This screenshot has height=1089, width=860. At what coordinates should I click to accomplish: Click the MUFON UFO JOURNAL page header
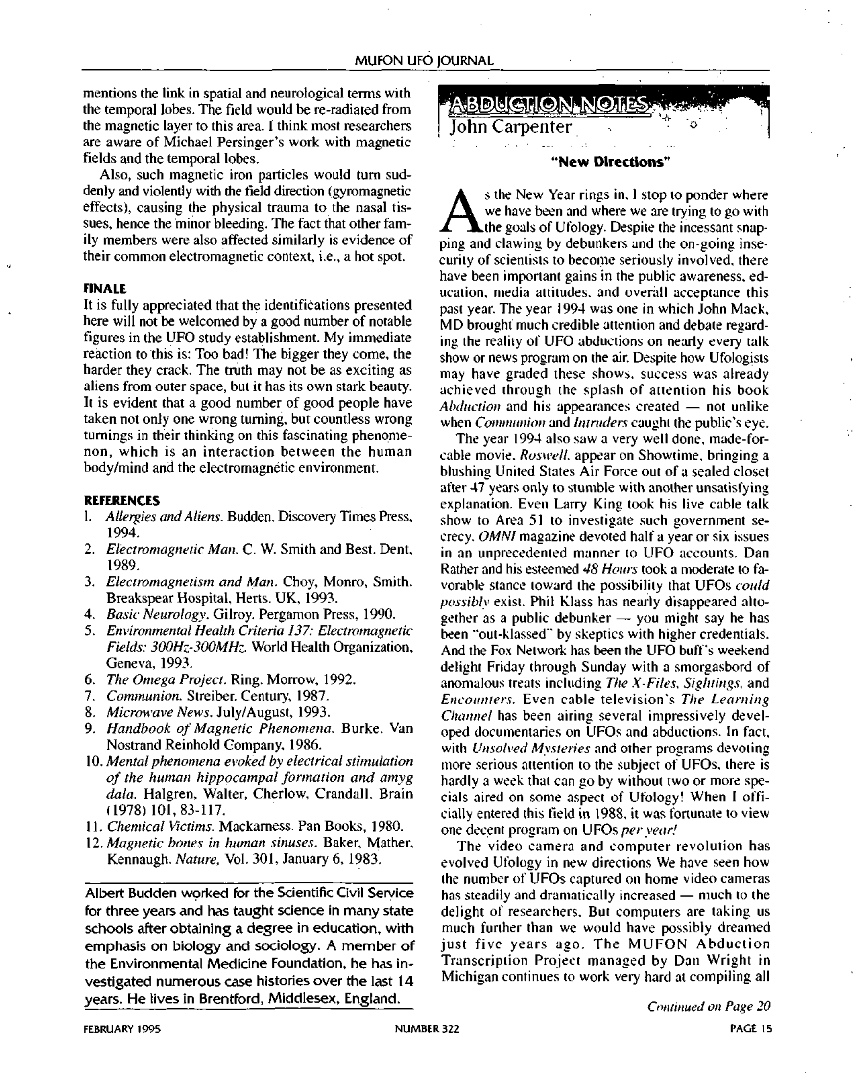(424, 61)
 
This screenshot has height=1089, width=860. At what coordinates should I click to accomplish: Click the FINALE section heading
(104, 289)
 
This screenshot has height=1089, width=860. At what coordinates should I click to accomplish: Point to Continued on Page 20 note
(709, 1006)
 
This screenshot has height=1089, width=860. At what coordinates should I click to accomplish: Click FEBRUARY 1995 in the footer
(121, 1029)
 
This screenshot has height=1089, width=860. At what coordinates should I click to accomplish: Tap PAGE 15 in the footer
(750, 1029)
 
